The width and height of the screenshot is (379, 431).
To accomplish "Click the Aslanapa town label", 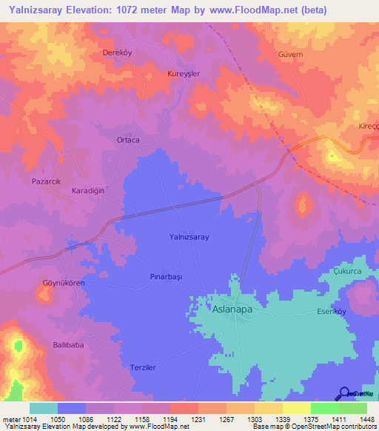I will pos(232,311).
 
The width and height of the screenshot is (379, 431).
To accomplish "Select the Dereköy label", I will pos(117,53).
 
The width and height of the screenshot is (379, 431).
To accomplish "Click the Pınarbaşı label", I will pos(160,275).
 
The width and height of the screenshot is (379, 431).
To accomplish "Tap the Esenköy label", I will pos(332,312).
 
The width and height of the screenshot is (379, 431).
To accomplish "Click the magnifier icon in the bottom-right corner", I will pos(346,393).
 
